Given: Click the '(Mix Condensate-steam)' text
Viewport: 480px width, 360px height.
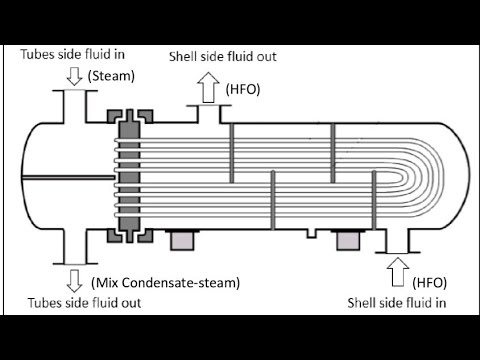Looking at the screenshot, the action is click(166, 283).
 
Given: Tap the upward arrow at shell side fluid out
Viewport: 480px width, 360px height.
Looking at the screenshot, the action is click(208, 88).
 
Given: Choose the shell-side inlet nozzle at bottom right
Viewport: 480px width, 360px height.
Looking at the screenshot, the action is click(396, 241).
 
